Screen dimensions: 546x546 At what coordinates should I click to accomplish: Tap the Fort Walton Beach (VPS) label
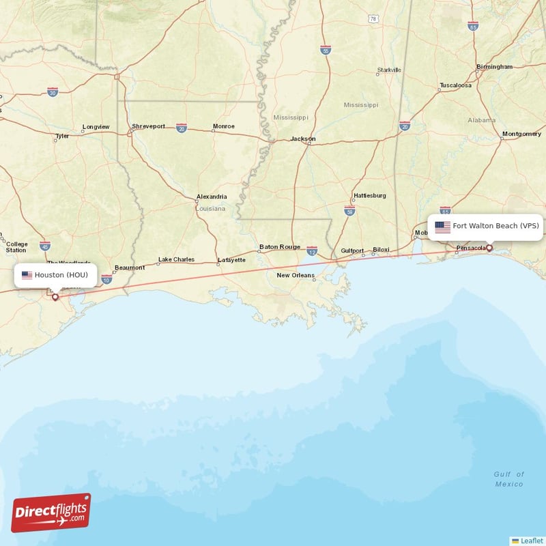pyautogui.click(x=495, y=226)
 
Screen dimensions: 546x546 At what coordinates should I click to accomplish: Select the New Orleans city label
pyautogui.click(x=296, y=276)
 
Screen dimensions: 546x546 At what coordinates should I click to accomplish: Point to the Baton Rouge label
pyautogui.click(x=280, y=246)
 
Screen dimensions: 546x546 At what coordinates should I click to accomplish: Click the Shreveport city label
pyautogui.click(x=149, y=126)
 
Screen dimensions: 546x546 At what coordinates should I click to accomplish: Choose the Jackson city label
pyautogui.click(x=303, y=139)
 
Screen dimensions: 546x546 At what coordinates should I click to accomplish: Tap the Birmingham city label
pyautogui.click(x=495, y=67)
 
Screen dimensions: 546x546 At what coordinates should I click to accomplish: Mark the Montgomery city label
pyautogui.click(x=521, y=134)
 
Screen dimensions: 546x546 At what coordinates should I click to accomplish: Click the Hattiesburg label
pyautogui.click(x=369, y=195)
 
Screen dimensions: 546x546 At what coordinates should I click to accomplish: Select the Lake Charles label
pyautogui.click(x=176, y=259)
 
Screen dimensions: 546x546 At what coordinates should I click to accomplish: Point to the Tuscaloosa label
pyautogui.click(x=455, y=85)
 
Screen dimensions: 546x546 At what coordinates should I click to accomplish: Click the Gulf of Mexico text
pyautogui.click(x=509, y=479)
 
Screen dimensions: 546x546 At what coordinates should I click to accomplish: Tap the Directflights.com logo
pyautogui.click(x=51, y=513)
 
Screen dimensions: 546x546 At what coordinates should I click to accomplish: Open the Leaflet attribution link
pyautogui.click(x=531, y=540)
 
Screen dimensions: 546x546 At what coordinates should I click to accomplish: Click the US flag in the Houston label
pyautogui.click(x=27, y=275)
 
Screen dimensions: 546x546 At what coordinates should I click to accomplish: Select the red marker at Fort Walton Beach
pyautogui.click(x=489, y=248)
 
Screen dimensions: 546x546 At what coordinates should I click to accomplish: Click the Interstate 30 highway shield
pyautogui.click(x=53, y=91)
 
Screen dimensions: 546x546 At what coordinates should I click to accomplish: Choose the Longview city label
pyautogui.click(x=96, y=127)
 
